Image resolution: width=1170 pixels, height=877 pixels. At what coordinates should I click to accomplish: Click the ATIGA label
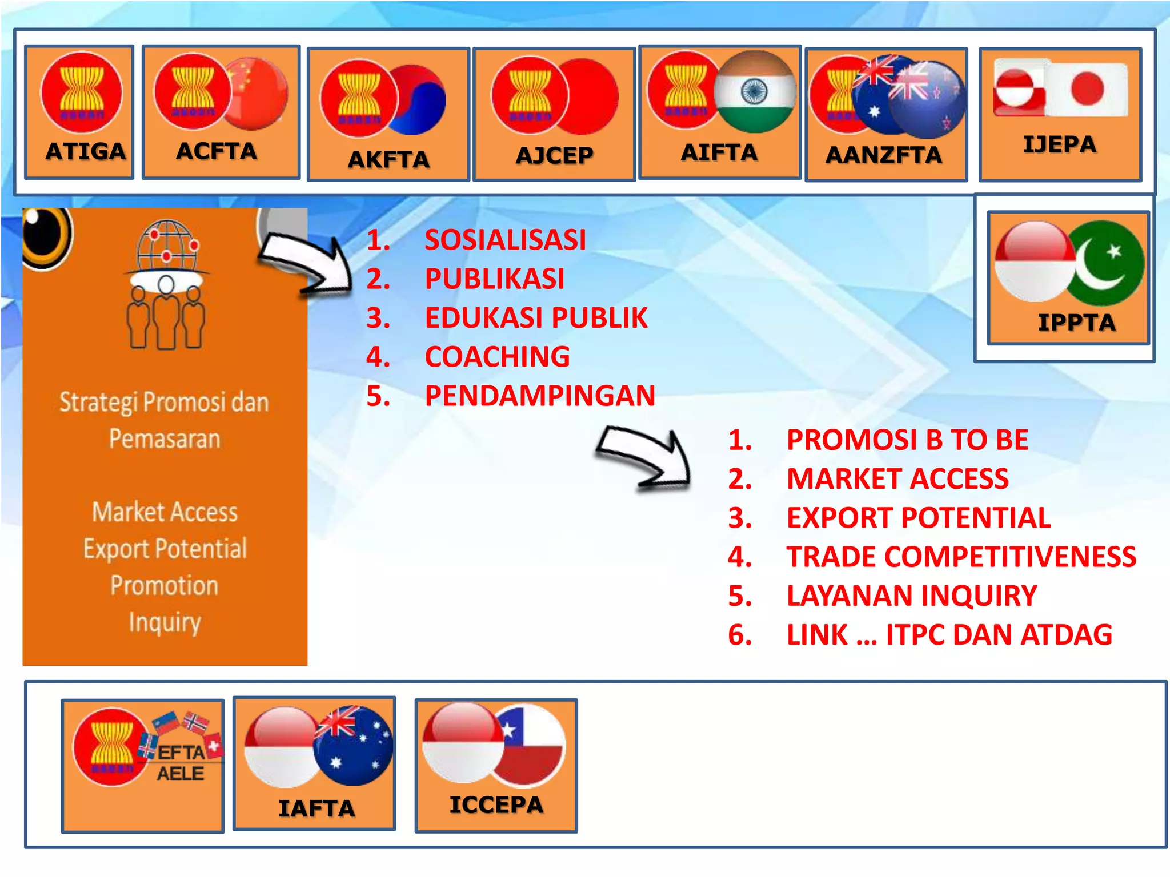(85, 152)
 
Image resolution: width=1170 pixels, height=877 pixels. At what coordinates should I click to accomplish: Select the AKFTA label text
(388, 160)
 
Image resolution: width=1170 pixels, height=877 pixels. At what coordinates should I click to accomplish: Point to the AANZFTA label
(883, 155)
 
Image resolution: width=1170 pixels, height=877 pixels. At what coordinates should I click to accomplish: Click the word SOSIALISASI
(505, 240)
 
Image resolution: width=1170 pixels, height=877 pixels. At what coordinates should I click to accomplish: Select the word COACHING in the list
(497, 357)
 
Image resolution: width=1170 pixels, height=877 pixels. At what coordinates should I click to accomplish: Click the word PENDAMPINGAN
(540, 396)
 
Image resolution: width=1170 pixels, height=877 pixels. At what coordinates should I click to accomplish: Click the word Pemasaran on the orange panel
(165, 439)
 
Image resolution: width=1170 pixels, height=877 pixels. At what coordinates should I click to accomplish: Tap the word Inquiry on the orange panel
(165, 622)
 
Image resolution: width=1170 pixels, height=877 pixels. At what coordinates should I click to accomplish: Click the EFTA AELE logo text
(181, 763)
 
